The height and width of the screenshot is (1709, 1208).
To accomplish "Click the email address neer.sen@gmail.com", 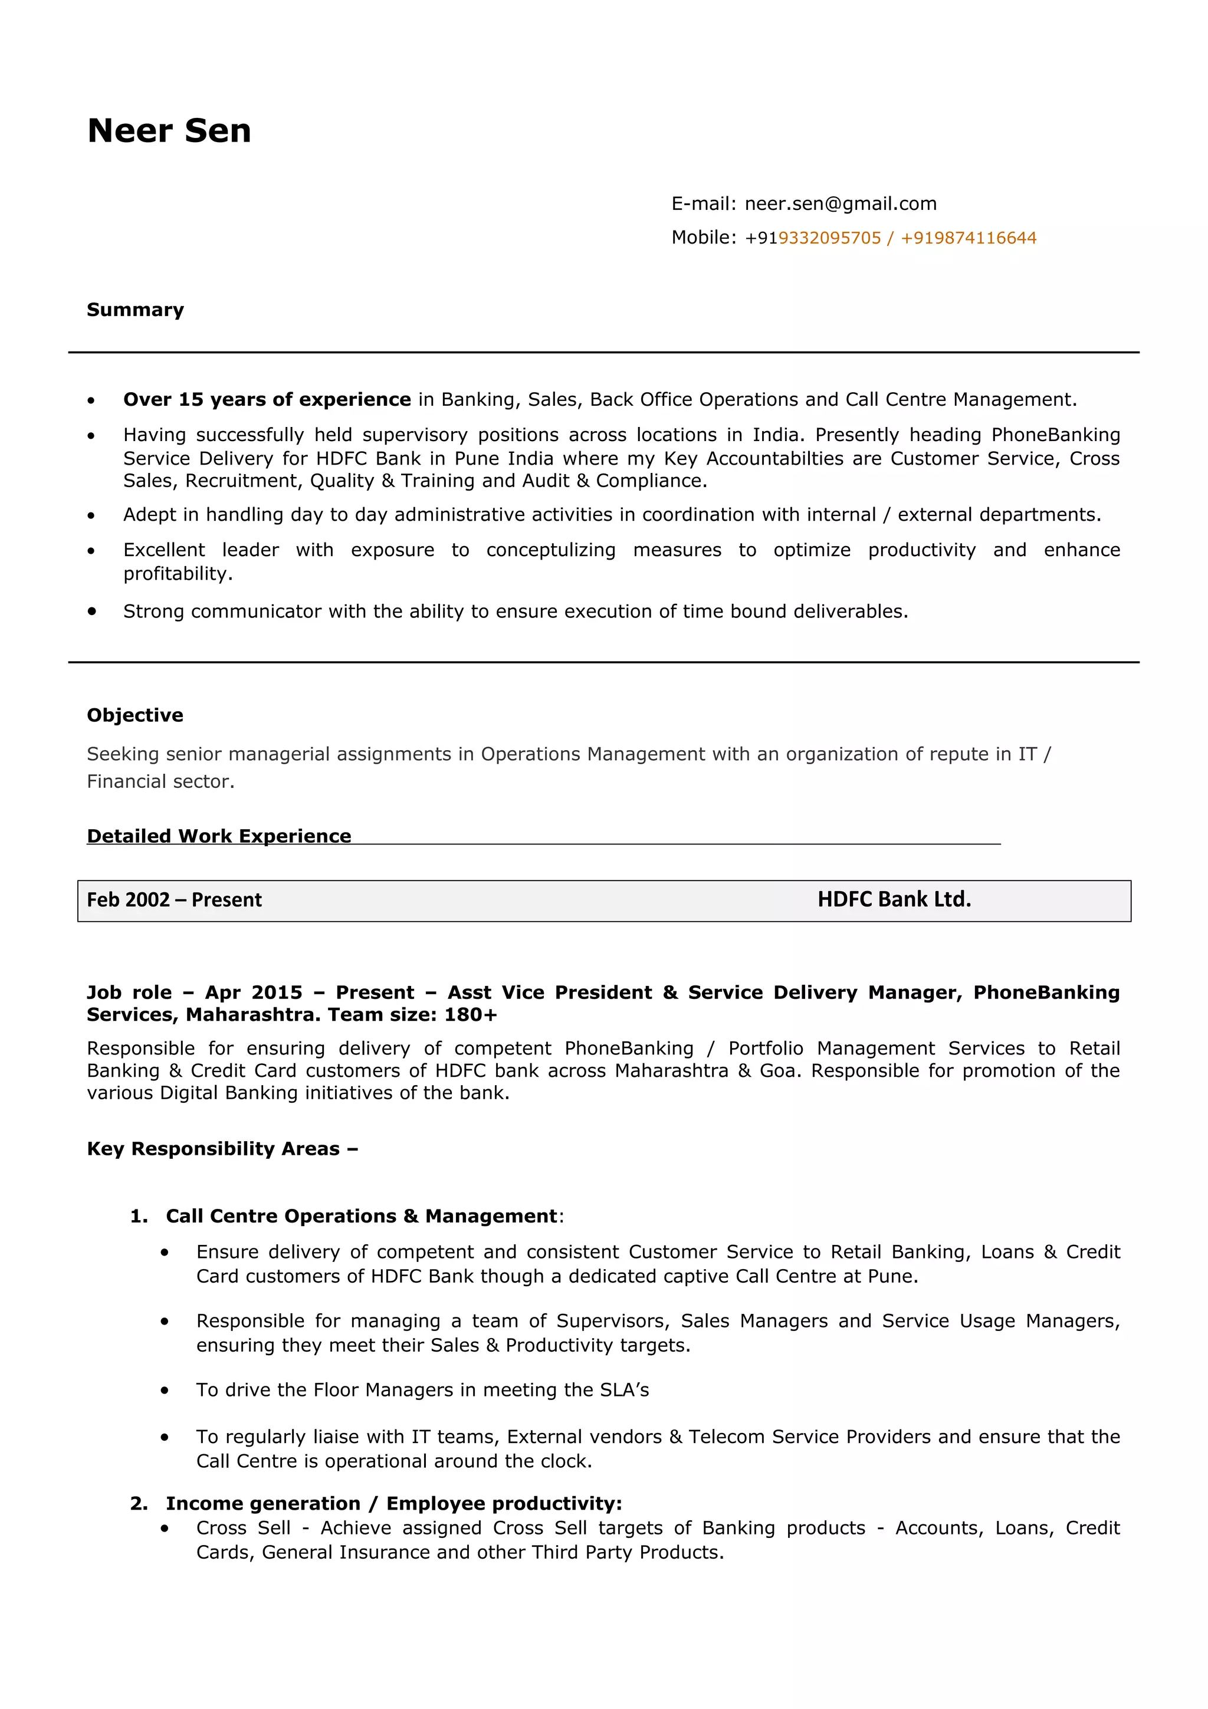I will click(x=841, y=204).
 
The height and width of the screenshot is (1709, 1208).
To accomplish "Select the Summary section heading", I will click(x=134, y=310).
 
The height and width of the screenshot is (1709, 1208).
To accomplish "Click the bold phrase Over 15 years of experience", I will click(x=267, y=400).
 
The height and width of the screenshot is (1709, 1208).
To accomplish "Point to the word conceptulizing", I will click(x=551, y=550).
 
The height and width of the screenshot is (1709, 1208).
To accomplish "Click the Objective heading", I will click(x=134, y=715).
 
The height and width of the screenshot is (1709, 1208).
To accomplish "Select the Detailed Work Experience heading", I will click(x=219, y=836).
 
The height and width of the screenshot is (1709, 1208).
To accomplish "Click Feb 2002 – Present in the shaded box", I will click(x=174, y=900).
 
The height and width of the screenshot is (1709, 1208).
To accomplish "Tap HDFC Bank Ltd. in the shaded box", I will click(x=894, y=899).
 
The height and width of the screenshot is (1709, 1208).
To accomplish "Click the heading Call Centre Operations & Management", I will click(x=361, y=1216).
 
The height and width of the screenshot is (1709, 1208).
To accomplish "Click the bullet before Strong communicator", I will click(x=91, y=611).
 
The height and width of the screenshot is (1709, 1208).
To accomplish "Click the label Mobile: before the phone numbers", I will click(x=703, y=238).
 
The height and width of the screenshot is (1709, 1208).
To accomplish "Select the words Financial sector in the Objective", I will click(x=159, y=781).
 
